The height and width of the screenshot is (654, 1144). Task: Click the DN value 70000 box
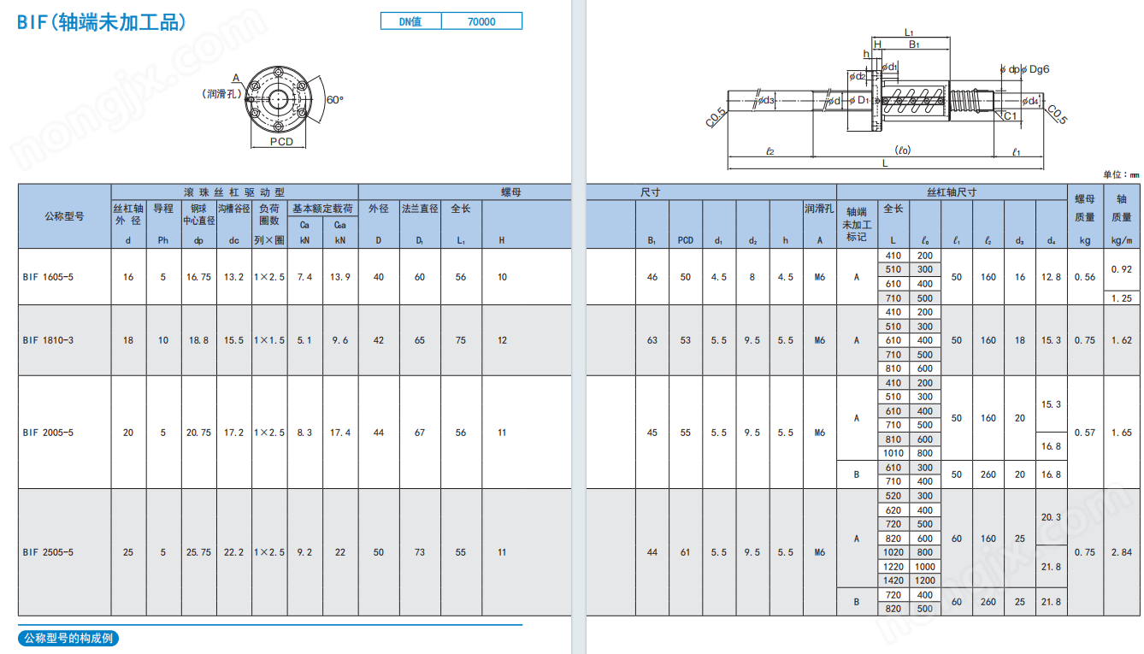click(481, 21)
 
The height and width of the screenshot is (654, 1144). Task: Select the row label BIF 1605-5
click(48, 277)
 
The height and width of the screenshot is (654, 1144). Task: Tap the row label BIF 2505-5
click(48, 552)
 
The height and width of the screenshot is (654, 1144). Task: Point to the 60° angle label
click(335, 99)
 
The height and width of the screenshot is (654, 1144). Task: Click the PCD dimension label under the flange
click(281, 141)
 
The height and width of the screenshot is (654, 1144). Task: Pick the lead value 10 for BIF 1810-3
click(163, 340)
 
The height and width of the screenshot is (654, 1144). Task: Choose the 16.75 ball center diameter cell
click(198, 277)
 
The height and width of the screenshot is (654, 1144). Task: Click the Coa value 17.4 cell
click(340, 433)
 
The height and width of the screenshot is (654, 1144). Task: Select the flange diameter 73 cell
click(419, 552)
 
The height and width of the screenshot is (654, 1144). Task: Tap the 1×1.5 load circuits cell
click(269, 340)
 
